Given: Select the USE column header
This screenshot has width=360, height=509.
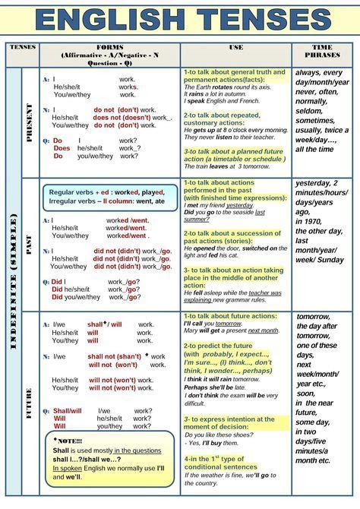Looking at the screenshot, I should click(x=235, y=47).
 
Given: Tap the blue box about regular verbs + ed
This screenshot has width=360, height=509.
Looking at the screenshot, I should click(x=109, y=197).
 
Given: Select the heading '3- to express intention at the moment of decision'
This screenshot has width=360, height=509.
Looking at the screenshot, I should click(x=229, y=424).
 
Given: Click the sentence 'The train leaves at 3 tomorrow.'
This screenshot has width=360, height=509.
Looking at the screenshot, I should click(x=226, y=166).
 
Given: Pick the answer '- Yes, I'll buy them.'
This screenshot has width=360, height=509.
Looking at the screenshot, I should click(x=214, y=442).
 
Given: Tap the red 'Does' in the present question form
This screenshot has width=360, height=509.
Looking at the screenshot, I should click(x=62, y=148).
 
